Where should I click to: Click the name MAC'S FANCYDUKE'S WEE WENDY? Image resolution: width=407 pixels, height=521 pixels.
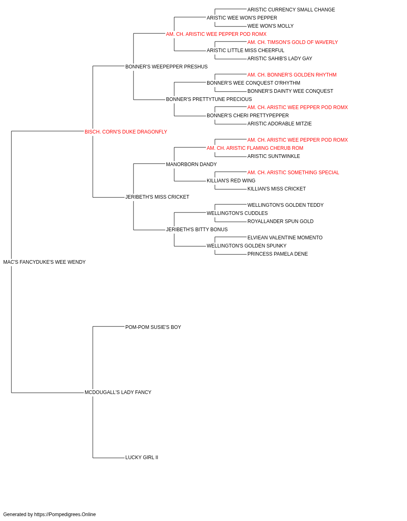pyautogui.click(x=44, y=262)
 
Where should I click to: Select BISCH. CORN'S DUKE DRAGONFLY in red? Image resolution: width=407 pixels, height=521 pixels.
pyautogui.click(x=126, y=132)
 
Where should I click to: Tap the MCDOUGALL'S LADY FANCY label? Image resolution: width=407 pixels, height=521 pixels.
pyautogui.click(x=118, y=392)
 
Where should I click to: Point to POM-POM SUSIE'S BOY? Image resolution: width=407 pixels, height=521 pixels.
pyautogui.click(x=153, y=327)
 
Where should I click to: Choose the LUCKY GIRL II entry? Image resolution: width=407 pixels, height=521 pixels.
pyautogui.click(x=142, y=458)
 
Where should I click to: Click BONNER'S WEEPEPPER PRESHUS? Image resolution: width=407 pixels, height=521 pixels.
pyautogui.click(x=166, y=67)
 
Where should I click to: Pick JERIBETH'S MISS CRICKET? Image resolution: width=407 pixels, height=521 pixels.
pyautogui.click(x=157, y=197)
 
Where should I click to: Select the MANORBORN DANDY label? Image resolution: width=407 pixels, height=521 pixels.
pyautogui.click(x=191, y=164)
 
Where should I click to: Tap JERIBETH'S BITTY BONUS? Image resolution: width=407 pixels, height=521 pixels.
pyautogui.click(x=197, y=230)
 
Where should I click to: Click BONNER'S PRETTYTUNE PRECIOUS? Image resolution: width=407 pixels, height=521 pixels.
pyautogui.click(x=209, y=99)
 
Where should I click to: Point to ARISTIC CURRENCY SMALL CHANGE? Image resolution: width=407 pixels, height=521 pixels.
pyautogui.click(x=291, y=10)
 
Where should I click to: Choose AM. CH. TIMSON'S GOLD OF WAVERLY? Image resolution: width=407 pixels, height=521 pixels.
pyautogui.click(x=292, y=42)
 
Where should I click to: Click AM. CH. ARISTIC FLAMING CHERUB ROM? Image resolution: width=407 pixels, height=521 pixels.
pyautogui.click(x=255, y=148)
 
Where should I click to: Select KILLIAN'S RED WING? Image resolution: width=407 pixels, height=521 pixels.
pyautogui.click(x=231, y=181)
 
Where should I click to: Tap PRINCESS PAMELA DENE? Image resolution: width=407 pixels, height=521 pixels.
pyautogui.click(x=277, y=254)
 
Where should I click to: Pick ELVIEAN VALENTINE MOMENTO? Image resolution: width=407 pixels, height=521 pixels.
pyautogui.click(x=285, y=238)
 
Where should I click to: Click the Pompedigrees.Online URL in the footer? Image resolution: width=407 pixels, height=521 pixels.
pyautogui.click(x=65, y=514)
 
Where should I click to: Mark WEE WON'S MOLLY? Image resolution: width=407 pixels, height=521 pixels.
pyautogui.click(x=270, y=26)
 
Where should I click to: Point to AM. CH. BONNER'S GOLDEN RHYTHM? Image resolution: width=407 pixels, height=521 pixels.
pyautogui.click(x=292, y=75)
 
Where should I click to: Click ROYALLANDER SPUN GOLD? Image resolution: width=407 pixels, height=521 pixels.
pyautogui.click(x=280, y=221)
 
